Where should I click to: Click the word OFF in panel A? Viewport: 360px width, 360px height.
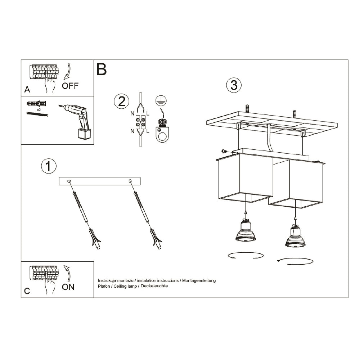tap(70, 86)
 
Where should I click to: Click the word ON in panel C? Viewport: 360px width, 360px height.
tap(68, 287)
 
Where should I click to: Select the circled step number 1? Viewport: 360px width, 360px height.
tap(49, 166)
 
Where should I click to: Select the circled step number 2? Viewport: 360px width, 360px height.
tap(121, 101)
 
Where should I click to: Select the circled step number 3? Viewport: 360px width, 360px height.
tap(234, 85)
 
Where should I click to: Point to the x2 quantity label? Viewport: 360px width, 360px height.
tap(38, 109)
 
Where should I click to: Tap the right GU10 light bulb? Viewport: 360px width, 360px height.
tap(296, 237)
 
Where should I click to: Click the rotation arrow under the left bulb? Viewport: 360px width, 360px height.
tap(245, 256)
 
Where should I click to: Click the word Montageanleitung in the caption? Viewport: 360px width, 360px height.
tap(199, 280)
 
